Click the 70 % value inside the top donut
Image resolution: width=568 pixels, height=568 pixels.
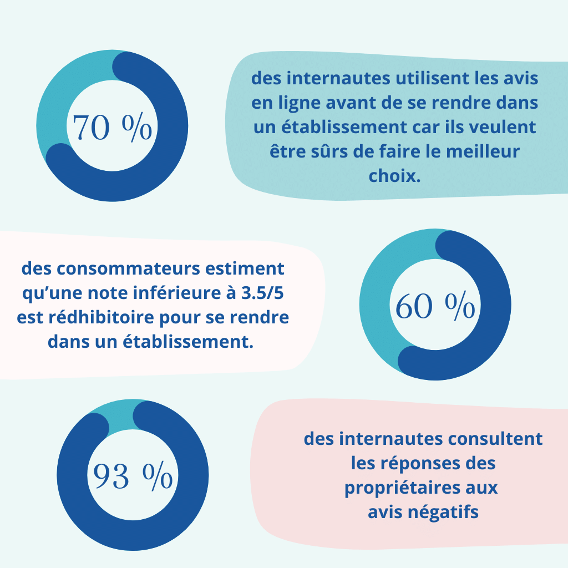click(112, 128)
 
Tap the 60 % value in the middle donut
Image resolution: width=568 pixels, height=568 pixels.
click(435, 306)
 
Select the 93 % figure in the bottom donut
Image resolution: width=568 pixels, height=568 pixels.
click(133, 476)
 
